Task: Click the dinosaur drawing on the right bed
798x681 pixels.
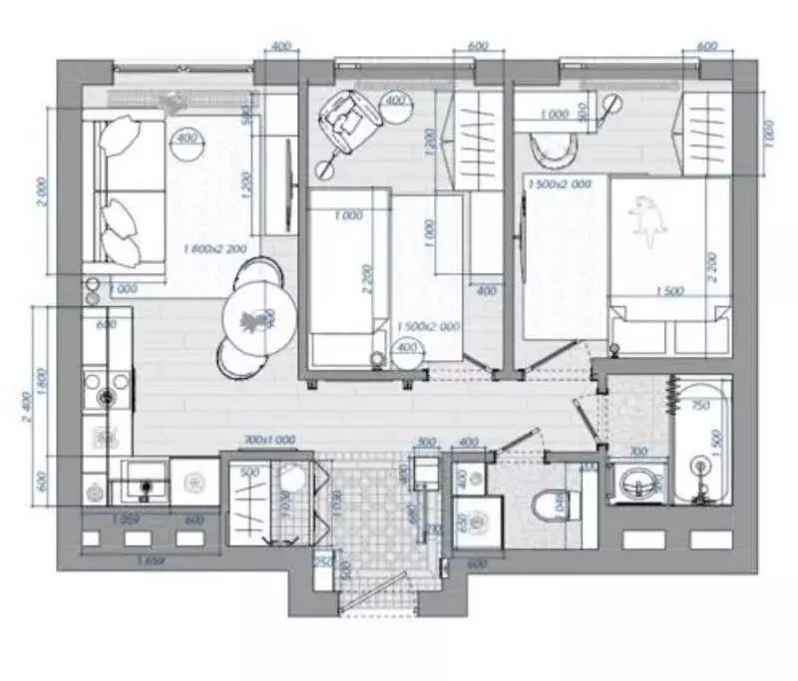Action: point(646,220)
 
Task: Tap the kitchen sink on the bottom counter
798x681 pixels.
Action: point(146,486)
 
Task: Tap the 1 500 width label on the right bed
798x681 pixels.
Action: point(670,292)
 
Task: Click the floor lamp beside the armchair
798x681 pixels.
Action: point(397,102)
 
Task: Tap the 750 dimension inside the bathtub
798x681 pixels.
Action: point(701,406)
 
